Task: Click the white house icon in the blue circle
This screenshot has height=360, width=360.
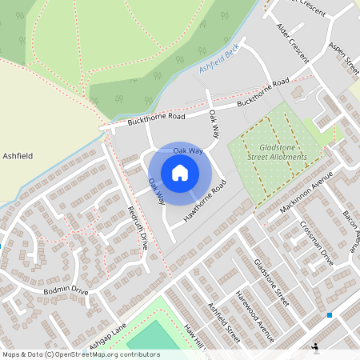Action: click(180, 172)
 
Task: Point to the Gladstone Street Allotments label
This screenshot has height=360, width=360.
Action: click(283, 152)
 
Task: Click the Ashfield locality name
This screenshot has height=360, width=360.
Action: click(18, 156)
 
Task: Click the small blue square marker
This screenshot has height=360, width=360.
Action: click(329, 314)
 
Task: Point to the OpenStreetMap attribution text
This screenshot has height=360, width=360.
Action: click(80, 354)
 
